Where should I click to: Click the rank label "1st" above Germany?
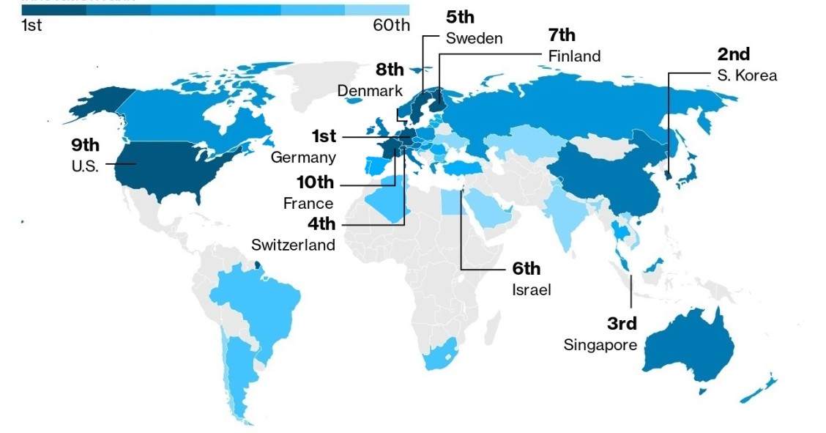click(x=323, y=136)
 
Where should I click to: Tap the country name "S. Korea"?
click(x=747, y=75)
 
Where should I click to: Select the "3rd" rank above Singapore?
click(x=622, y=323)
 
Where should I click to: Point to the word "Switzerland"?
click(x=293, y=244)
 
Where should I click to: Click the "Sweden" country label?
click(x=474, y=38)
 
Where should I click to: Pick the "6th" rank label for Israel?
click(x=526, y=268)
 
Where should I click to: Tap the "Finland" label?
click(x=574, y=56)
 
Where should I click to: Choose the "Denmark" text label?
click(x=370, y=91)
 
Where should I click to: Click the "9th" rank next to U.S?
click(x=85, y=144)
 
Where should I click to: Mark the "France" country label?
click(x=308, y=203)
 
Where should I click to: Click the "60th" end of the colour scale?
click(x=391, y=25)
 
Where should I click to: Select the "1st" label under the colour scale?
click(x=32, y=25)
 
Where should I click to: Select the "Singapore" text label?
click(x=600, y=344)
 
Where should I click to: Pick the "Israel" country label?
click(x=532, y=289)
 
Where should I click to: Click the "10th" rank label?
click(x=315, y=182)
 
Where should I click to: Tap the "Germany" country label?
click(x=303, y=157)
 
